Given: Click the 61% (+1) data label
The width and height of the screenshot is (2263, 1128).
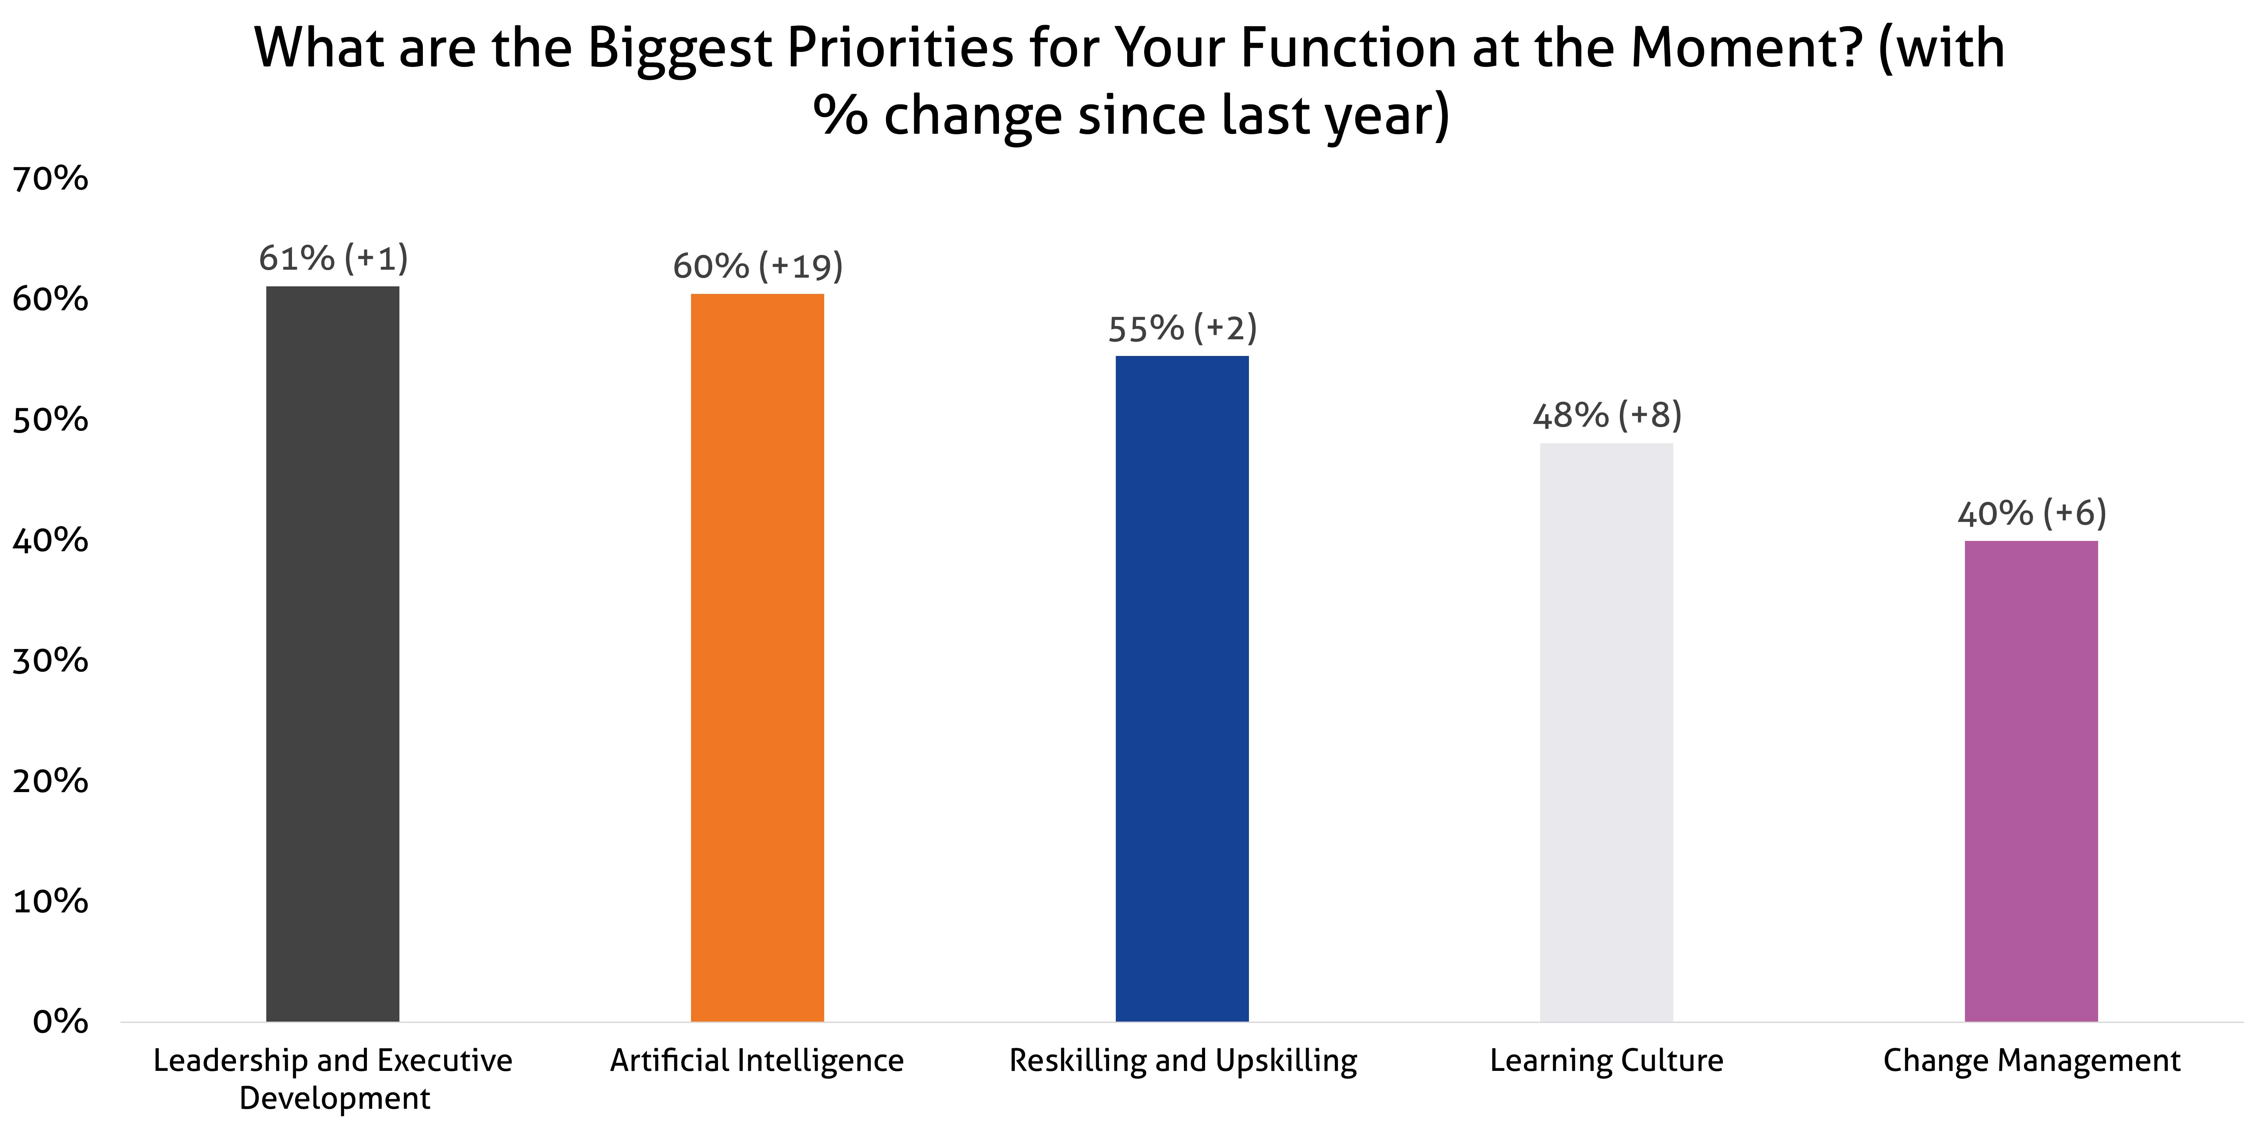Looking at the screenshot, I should pos(333,258).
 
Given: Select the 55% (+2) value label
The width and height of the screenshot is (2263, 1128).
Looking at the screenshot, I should pos(1182,329).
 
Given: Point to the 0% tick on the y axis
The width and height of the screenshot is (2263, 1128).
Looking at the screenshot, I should pos(60,1022).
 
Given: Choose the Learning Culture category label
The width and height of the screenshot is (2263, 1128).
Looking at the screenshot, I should pos(1606,1061).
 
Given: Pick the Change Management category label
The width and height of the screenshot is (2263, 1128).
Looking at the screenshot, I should pos(2031,1061).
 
